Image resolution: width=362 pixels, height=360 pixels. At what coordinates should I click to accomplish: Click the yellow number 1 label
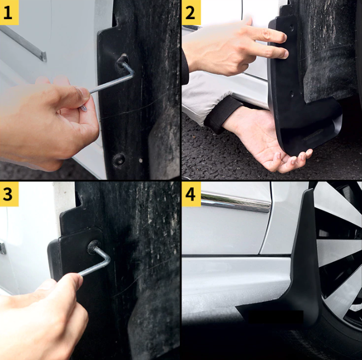[9, 13]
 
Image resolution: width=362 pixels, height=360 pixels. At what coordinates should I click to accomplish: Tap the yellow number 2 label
[191, 13]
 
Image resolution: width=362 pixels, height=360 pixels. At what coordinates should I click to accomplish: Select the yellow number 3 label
[9, 194]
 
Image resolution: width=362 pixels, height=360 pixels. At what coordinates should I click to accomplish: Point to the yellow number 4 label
[191, 194]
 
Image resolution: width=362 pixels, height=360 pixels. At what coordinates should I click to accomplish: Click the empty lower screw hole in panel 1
[119, 159]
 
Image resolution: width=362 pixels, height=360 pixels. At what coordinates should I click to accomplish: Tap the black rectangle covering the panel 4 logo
[275, 316]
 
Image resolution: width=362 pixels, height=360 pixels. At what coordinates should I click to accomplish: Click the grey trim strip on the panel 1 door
[23, 43]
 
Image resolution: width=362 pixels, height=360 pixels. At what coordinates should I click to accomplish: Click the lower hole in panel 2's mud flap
[291, 93]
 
